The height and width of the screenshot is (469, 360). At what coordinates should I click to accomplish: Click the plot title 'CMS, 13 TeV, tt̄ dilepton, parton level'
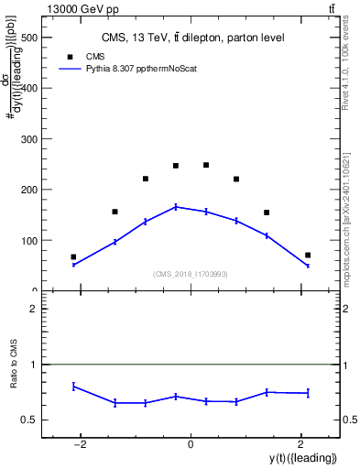(x=191, y=38)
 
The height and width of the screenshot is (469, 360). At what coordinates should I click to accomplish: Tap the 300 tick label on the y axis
(x=30, y=140)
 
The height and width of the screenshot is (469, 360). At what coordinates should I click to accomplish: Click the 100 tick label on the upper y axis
(x=30, y=241)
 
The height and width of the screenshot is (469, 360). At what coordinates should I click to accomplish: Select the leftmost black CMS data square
(x=73, y=257)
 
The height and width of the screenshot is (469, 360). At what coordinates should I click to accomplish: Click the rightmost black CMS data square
(x=308, y=255)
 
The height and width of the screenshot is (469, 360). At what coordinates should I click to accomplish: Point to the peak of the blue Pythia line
(x=176, y=207)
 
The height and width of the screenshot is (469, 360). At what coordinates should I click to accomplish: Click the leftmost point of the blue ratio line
(x=73, y=386)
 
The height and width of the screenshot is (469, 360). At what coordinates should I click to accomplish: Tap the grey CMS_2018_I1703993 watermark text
(x=190, y=274)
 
